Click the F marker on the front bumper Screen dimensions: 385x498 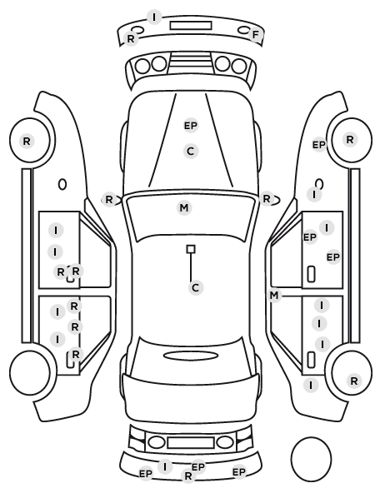tap(256, 35)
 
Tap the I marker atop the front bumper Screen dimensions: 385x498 tap(154, 17)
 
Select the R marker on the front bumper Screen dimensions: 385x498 tap(131, 39)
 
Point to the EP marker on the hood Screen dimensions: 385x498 tap(191, 126)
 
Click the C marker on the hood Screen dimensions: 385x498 tap(191, 152)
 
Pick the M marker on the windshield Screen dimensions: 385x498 tap(184, 208)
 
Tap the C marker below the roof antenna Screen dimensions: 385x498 tap(196, 288)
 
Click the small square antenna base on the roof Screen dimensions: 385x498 tap(191, 249)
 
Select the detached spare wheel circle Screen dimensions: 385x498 tap(311, 459)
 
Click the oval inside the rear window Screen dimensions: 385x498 tap(191, 356)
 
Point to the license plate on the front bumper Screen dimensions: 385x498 tap(191, 26)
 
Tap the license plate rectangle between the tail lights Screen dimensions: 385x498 tap(191, 442)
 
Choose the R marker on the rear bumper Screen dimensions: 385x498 tap(187, 476)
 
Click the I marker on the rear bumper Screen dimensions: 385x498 tap(165, 467)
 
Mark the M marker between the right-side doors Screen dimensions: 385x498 tap(273, 296)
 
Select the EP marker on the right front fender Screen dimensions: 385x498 tap(319, 145)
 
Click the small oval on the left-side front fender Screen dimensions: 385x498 tap(62, 184)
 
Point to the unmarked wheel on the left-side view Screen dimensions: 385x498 tap(30, 372)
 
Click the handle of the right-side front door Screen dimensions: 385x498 tap(311, 274)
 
